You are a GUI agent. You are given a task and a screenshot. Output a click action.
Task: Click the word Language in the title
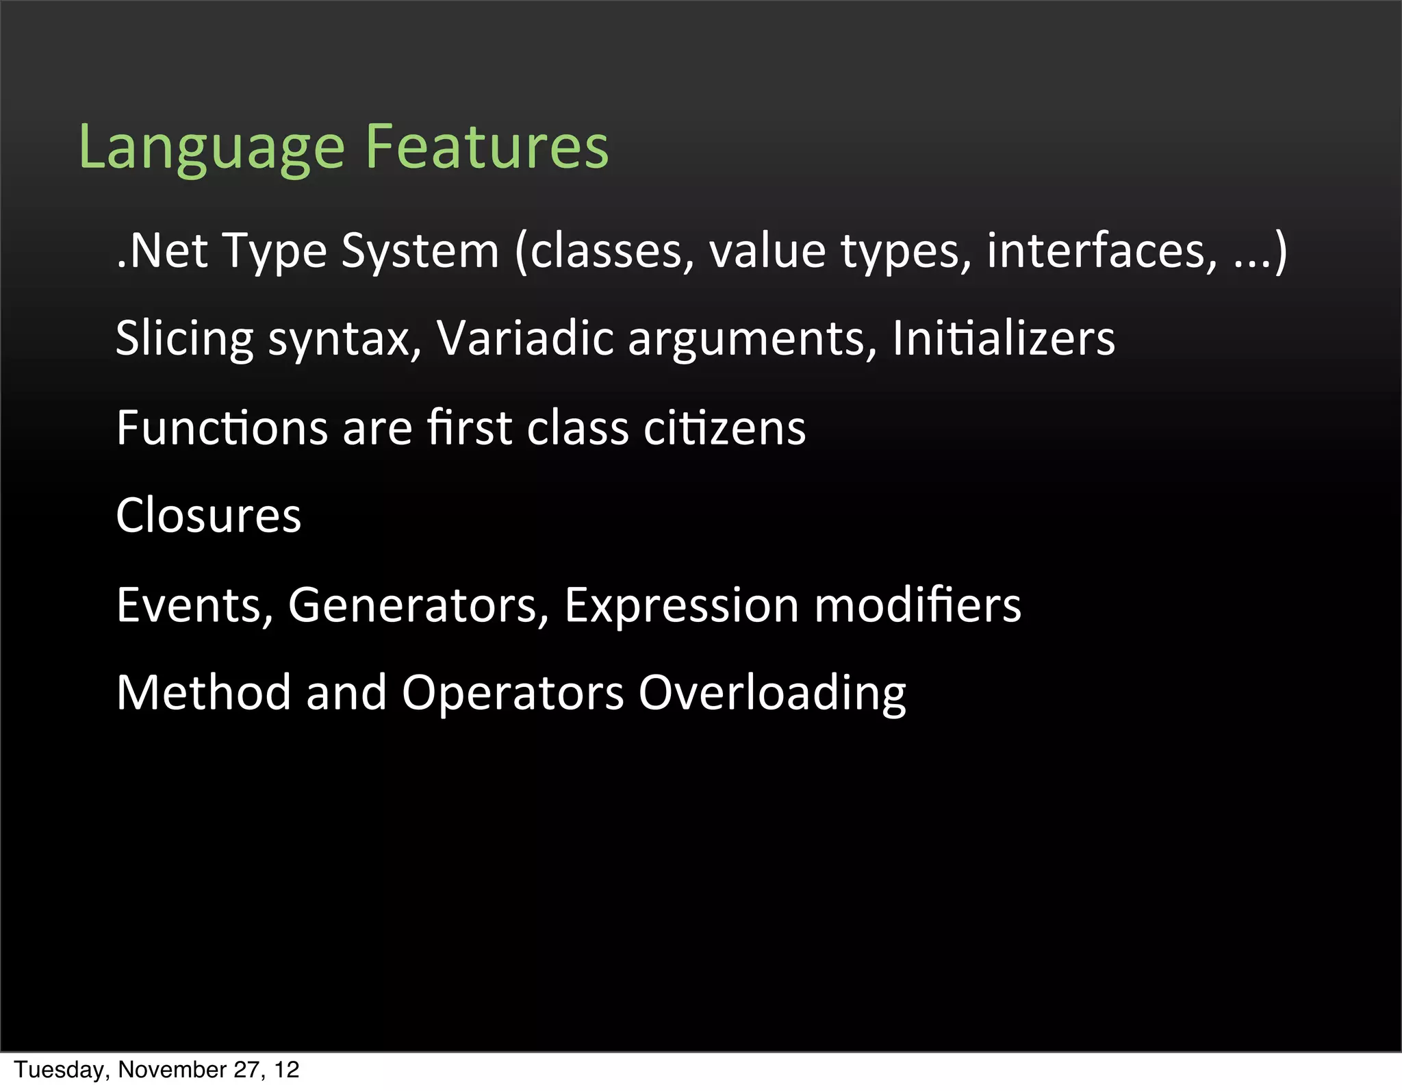pyautogui.click(x=212, y=147)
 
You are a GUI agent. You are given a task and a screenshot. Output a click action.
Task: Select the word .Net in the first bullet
pyautogui.click(x=162, y=251)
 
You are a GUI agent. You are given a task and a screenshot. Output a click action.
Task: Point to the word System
pyautogui.click(x=420, y=252)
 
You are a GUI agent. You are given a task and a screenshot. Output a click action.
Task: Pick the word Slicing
pyautogui.click(x=184, y=339)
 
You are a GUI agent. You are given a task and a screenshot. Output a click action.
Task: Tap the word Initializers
pyautogui.click(x=1004, y=338)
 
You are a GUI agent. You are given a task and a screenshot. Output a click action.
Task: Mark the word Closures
pyautogui.click(x=209, y=515)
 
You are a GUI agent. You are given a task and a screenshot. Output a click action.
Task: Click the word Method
pyautogui.click(x=203, y=692)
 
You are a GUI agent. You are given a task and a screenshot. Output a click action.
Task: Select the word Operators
pyautogui.click(x=513, y=694)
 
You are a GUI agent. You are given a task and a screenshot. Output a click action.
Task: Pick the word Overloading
pyautogui.click(x=772, y=694)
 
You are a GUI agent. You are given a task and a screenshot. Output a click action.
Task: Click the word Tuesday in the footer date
pyautogui.click(x=60, y=1070)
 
